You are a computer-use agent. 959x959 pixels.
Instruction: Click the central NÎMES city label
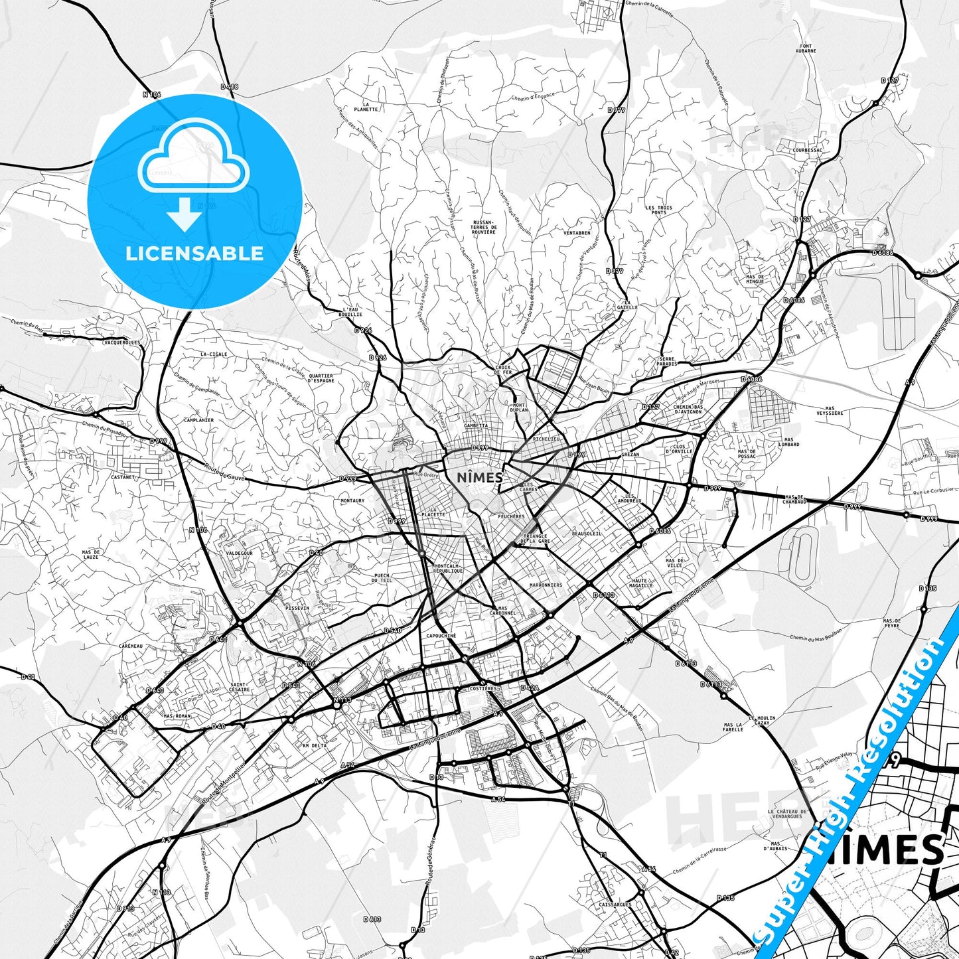coord(480,477)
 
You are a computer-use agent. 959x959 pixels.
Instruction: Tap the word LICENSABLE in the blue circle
coord(194,254)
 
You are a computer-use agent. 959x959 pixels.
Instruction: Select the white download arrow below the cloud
coord(184,215)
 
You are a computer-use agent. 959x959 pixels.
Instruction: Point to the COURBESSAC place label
coord(806,150)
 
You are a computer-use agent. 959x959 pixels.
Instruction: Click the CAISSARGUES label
coord(615,904)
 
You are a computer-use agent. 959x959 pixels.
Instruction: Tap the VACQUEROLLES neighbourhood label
coord(123,342)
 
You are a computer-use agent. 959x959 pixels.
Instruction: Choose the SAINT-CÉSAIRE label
coord(239,687)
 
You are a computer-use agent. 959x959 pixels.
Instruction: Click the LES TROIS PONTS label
coord(658,210)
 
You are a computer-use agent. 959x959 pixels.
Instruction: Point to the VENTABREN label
coord(577,233)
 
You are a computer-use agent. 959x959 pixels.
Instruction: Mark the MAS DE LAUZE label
coord(91,554)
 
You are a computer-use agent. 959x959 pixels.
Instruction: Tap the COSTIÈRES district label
coord(482,689)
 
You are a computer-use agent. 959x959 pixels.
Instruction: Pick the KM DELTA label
coord(315,745)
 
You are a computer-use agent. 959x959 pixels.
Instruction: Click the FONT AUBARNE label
coord(806,48)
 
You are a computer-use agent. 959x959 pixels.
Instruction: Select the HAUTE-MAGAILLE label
coord(642,583)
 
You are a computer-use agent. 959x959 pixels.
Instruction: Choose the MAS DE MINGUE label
coord(755,279)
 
